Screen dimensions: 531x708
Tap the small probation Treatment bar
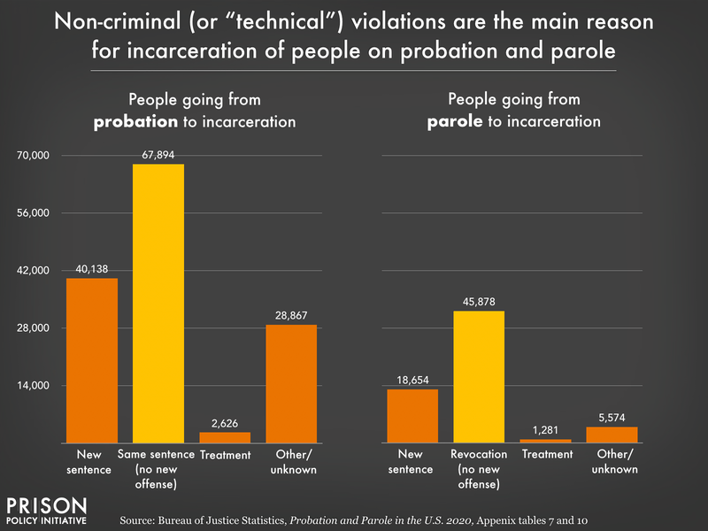coord(225,437)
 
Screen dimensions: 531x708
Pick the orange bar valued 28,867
coord(291,383)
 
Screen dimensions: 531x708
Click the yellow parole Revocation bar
coord(479,376)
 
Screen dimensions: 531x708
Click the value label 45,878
coord(480,301)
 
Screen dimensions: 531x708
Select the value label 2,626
coord(225,422)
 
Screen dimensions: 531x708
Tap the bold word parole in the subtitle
coord(452,122)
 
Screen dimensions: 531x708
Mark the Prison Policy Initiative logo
coord(47,512)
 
